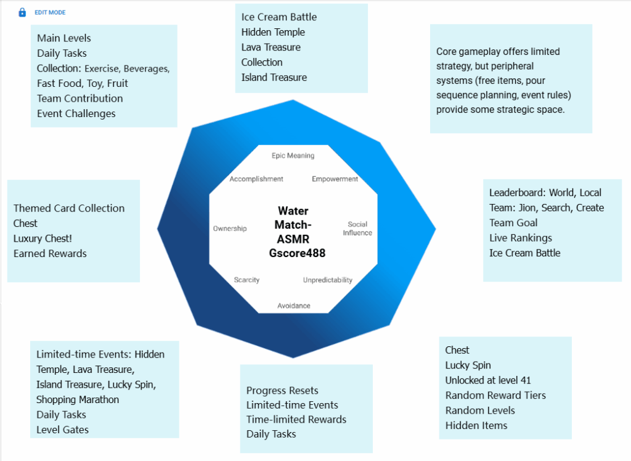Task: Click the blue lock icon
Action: pyautogui.click(x=22, y=12)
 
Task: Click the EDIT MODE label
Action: pyautogui.click(x=50, y=12)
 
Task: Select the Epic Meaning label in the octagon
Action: pyautogui.click(x=293, y=156)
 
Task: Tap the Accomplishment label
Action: pyautogui.click(x=256, y=179)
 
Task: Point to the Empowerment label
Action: pyautogui.click(x=335, y=179)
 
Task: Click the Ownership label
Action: pyautogui.click(x=230, y=229)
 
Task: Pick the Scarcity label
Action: pyautogui.click(x=246, y=280)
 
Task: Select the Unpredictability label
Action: pyautogui.click(x=328, y=280)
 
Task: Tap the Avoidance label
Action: pyautogui.click(x=294, y=306)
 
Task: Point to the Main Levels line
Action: pyautogui.click(x=64, y=38)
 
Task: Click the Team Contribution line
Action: pyautogui.click(x=79, y=98)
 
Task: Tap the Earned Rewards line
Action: pyautogui.click(x=50, y=253)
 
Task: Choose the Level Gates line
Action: pyautogui.click(x=62, y=430)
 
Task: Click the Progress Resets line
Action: pyautogui.click(x=282, y=390)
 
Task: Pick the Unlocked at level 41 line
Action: pyautogui.click(x=488, y=380)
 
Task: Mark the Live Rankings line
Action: pyautogui.click(x=521, y=238)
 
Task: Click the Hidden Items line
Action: pyautogui.click(x=476, y=425)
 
